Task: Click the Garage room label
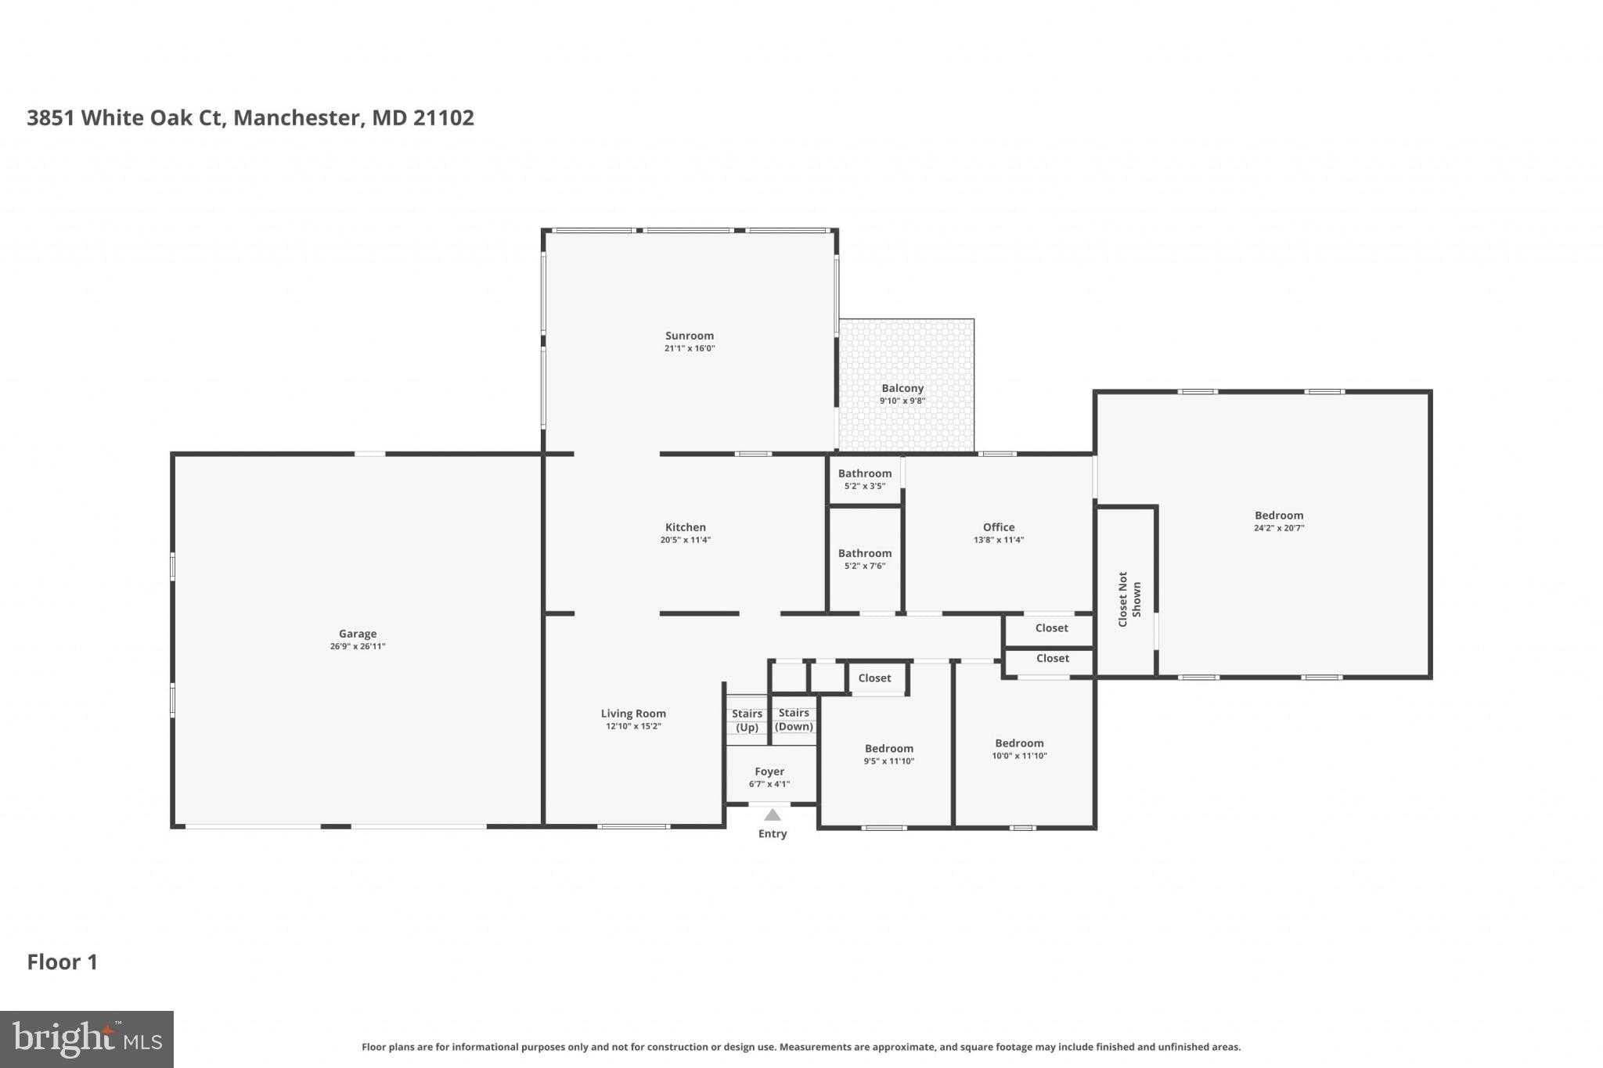[x=358, y=634]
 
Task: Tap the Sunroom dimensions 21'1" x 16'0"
[x=690, y=349]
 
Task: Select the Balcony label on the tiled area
[x=902, y=388]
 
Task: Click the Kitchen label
[x=686, y=527]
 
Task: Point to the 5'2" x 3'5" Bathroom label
[x=865, y=474]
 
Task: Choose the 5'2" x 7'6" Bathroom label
[x=865, y=554]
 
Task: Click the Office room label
[x=999, y=527]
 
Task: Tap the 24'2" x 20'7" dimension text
[x=1279, y=528]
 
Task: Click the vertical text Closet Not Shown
[x=1129, y=599]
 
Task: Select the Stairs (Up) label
[x=747, y=721]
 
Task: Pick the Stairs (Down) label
[x=794, y=720]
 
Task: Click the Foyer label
[x=769, y=771]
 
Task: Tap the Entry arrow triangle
[x=773, y=814]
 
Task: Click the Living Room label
[x=633, y=714]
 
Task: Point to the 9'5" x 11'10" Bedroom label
[x=888, y=749]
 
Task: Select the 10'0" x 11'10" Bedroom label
[x=1019, y=743]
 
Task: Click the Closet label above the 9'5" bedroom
[x=874, y=678]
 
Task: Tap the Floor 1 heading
[x=63, y=962]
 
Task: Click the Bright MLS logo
[x=87, y=1039]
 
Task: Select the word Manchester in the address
[x=297, y=118]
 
